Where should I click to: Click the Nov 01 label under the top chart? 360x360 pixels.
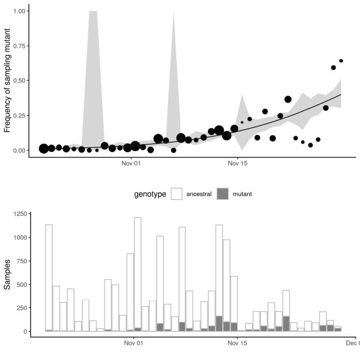click(x=131, y=165)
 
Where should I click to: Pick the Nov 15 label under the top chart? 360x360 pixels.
click(x=237, y=165)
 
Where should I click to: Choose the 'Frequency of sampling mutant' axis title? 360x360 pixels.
click(x=8, y=81)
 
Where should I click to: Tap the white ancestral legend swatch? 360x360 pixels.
click(x=177, y=194)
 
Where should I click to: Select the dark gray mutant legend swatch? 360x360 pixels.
click(x=223, y=194)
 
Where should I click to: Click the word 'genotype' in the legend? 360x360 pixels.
click(x=150, y=194)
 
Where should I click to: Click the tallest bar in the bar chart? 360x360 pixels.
click(x=138, y=274)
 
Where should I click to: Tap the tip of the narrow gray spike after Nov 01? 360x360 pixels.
click(x=174, y=12)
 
